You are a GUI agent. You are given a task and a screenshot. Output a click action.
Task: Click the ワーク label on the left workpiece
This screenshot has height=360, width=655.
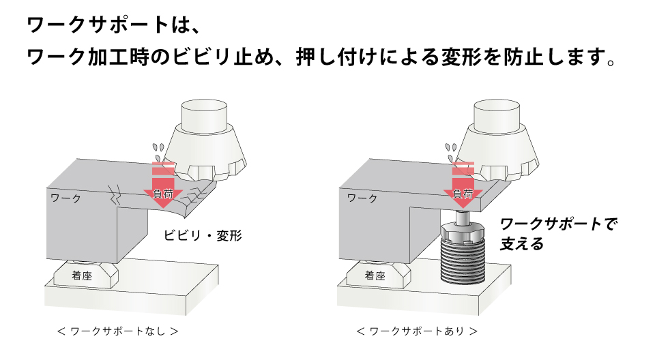(x=66, y=198)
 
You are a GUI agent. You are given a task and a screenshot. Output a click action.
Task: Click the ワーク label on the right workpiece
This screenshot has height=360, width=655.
(x=362, y=198)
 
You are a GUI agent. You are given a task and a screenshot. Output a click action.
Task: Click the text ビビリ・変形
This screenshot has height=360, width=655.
(x=203, y=236)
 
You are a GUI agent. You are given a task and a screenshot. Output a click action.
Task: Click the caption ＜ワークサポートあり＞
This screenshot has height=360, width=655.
(x=417, y=332)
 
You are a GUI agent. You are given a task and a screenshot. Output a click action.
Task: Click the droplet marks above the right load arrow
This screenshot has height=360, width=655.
(x=450, y=148)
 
